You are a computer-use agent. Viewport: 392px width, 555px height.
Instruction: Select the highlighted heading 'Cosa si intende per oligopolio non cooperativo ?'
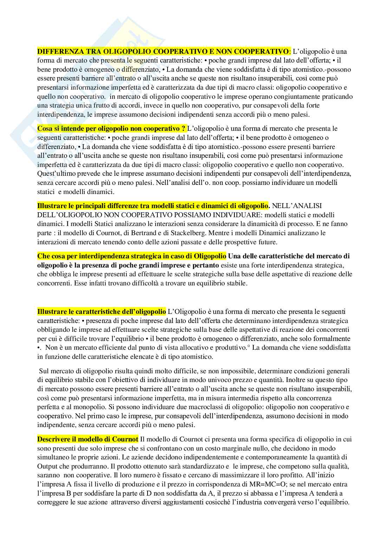pyautogui.click(x=111, y=129)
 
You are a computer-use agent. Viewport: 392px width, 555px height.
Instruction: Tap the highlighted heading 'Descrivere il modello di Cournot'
pyautogui.click(x=88, y=439)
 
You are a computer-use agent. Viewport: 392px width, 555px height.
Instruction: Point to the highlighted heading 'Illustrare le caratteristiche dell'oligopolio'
pyautogui.click(x=102, y=311)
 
